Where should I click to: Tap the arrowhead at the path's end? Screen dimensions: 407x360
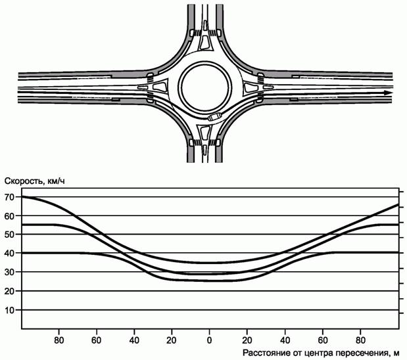[x=388, y=93]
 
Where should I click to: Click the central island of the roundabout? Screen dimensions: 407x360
[x=204, y=86]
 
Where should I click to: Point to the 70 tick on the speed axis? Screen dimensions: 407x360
[x=10, y=197]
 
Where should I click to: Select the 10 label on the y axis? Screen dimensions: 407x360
[x=10, y=310]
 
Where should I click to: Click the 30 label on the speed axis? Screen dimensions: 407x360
[x=10, y=272]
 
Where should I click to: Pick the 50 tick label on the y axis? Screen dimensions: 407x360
[x=10, y=235]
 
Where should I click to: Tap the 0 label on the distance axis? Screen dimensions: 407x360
[x=209, y=340]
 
